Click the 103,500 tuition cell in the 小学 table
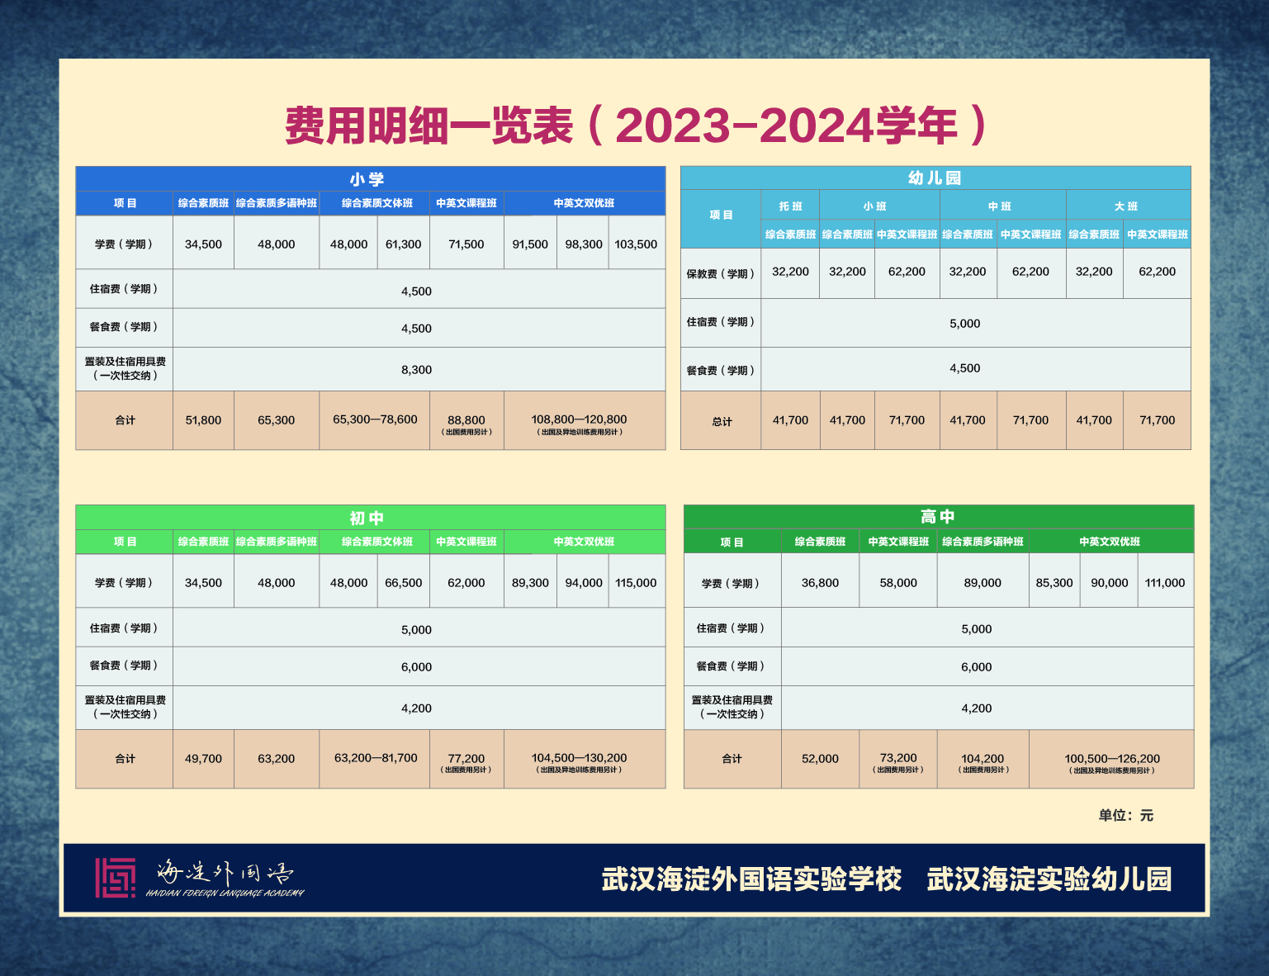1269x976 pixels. (636, 244)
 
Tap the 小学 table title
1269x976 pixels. (367, 178)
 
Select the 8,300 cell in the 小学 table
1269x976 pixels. (416, 370)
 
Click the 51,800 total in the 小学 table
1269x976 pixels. (203, 420)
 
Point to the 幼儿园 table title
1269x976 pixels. (935, 178)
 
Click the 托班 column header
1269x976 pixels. (790, 206)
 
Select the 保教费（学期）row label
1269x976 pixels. (721, 273)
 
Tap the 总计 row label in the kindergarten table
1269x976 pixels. (722, 421)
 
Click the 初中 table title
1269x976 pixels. (367, 518)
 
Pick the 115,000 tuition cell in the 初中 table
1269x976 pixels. (636, 582)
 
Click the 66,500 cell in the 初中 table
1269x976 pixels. (403, 582)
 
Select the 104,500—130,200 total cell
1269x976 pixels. (579, 757)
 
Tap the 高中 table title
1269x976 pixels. (937, 516)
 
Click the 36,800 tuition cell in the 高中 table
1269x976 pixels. (820, 582)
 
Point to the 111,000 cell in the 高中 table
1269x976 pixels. (1164, 582)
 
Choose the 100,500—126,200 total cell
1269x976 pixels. (1112, 758)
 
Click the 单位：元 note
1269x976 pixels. (1125, 815)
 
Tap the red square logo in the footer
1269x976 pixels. (115, 877)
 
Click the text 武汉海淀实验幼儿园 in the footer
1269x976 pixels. (1049, 879)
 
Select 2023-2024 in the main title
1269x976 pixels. (745, 126)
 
